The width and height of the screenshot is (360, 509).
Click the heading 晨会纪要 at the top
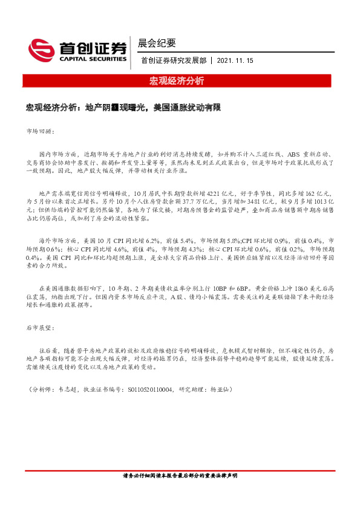[x=157, y=43]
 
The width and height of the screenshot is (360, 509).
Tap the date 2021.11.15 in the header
[x=235, y=60]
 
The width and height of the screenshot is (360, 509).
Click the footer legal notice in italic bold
[x=180, y=476]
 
